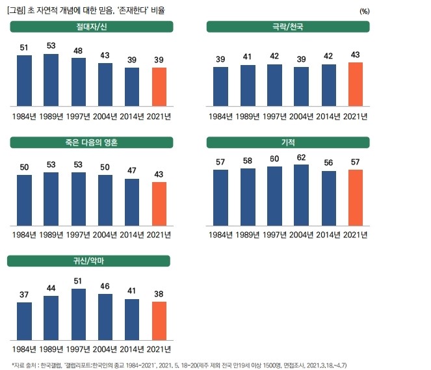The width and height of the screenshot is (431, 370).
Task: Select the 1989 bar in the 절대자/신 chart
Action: (x=51, y=79)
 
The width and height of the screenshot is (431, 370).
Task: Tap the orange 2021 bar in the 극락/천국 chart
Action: (x=355, y=84)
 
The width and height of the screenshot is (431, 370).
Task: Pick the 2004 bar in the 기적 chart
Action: (x=301, y=194)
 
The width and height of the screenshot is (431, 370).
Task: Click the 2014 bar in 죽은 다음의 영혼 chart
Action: (x=132, y=202)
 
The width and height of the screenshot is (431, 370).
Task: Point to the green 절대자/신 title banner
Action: (x=91, y=26)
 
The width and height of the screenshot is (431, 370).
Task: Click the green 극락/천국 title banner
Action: (x=288, y=26)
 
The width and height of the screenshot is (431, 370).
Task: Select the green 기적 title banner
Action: (x=288, y=142)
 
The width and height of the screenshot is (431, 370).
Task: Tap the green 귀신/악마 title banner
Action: (x=88, y=261)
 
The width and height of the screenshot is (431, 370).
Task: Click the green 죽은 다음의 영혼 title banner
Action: (x=91, y=142)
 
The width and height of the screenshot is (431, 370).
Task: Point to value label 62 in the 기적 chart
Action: (x=301, y=157)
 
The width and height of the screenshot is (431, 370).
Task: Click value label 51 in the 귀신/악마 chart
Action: (x=78, y=281)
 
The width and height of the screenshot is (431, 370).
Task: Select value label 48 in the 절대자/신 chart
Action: (x=78, y=50)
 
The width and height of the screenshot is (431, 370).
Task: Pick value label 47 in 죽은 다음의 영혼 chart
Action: (x=132, y=170)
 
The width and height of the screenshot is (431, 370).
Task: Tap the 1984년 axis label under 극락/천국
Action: (x=220, y=116)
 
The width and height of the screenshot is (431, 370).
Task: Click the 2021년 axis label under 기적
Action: (x=355, y=233)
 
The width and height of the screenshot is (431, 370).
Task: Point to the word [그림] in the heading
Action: (x=18, y=10)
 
